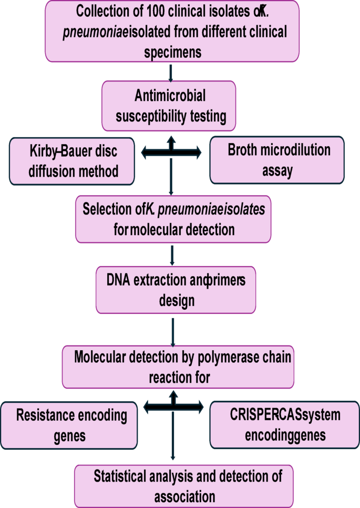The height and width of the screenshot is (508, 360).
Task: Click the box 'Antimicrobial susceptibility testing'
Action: (x=169, y=106)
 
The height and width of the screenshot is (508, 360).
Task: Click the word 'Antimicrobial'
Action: (x=169, y=96)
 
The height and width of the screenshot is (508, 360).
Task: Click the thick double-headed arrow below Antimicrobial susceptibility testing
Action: (x=171, y=152)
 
